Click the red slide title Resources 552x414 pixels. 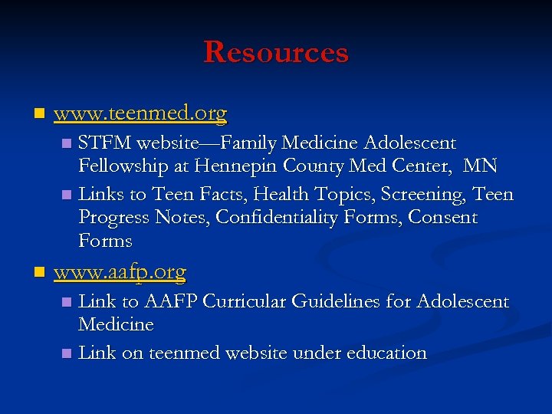[276, 52]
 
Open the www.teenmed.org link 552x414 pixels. [140, 114]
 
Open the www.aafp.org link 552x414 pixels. [120, 272]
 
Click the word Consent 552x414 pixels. [442, 218]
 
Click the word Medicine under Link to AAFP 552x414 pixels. [117, 325]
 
